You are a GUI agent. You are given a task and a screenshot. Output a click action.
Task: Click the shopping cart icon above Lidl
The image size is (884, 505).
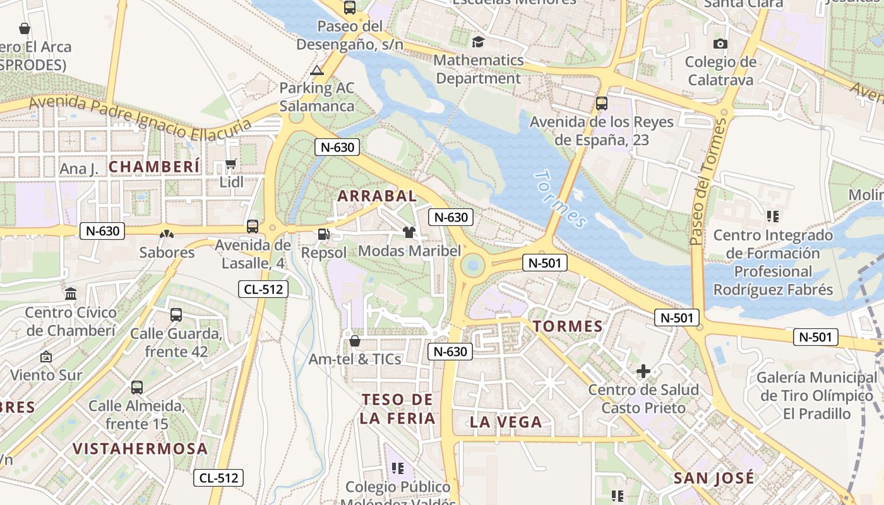pos(230,164)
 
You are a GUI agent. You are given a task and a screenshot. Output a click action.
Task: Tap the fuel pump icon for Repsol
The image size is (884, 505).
pos(323,234)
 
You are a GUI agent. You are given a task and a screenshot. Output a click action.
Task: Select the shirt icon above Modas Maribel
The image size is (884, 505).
pos(409,232)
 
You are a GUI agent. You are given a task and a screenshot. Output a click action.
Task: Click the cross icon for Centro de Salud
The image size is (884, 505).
pos(643,371)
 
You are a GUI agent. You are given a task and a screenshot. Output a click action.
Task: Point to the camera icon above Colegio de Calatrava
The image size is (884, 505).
pos(720,44)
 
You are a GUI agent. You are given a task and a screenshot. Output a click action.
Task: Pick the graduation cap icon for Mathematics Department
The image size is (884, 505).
pos(478,42)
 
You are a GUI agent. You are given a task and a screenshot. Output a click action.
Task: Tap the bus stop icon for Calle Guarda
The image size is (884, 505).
pos(176,315)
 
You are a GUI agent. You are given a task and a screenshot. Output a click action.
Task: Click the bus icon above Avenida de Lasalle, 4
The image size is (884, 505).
pos(253,226)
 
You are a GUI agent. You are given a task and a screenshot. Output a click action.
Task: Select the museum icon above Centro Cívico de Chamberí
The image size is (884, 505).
pos(71,294)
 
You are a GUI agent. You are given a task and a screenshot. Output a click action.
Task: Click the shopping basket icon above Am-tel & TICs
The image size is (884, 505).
pos(355,341)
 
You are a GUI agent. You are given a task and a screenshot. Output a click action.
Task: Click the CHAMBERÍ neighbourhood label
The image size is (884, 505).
pos(155,167)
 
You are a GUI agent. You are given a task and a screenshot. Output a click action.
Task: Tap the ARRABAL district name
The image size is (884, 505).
pos(377,196)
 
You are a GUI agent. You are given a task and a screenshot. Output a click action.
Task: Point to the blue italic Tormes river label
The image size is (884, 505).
pos(561,198)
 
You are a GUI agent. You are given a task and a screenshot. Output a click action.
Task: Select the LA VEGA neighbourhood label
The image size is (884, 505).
pos(506,422)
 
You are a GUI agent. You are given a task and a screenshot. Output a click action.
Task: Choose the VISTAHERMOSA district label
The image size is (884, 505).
pos(140,449)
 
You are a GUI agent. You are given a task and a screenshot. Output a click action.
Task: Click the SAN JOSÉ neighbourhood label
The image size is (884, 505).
pos(714,478)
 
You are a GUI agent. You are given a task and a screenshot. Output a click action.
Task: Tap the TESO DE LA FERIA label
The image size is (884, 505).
pos(398,408)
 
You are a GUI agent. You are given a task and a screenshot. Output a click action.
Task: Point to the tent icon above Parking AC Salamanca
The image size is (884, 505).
pos(317,70)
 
